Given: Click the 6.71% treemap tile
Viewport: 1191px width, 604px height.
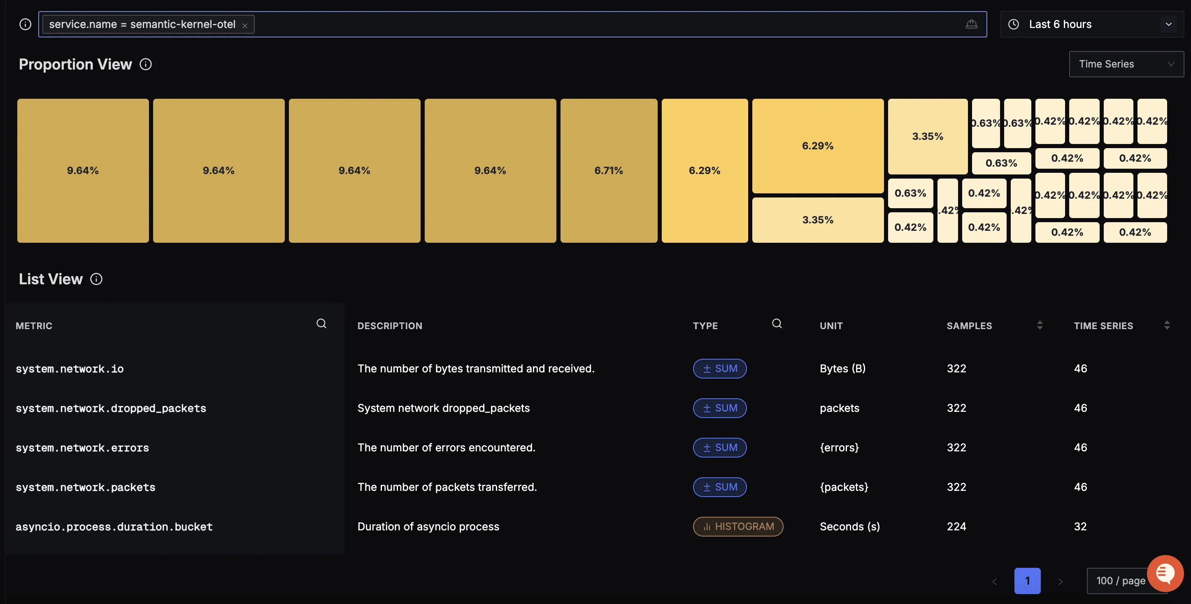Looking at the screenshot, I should tap(608, 170).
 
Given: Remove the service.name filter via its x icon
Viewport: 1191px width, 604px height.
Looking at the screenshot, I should tap(245, 26).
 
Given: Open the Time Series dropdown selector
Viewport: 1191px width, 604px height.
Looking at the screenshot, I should tap(1126, 64).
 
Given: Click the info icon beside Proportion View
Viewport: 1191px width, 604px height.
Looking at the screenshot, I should tap(146, 64).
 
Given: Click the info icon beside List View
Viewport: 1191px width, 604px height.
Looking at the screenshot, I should tap(96, 279).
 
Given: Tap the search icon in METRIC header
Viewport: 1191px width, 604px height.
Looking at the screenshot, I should tap(321, 323).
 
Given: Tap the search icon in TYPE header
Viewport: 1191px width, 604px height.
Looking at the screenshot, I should tap(777, 323).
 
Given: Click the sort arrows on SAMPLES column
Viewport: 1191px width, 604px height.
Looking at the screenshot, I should tap(1040, 325).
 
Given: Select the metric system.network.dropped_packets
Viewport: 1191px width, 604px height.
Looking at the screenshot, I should tap(111, 409).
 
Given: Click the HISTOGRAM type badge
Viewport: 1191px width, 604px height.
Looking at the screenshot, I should tap(738, 526).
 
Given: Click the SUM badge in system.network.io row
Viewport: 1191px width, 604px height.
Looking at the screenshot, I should tap(719, 369).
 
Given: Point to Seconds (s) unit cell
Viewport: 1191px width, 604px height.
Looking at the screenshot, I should tap(850, 526).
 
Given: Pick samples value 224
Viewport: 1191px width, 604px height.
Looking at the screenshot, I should tap(956, 526).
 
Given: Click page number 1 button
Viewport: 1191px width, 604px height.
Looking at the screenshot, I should tap(1027, 581).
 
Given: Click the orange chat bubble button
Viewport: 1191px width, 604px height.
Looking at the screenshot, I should tap(1165, 574).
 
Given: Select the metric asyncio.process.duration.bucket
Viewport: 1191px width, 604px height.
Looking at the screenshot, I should tap(114, 527).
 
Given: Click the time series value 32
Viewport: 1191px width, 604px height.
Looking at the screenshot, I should tap(1080, 526).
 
